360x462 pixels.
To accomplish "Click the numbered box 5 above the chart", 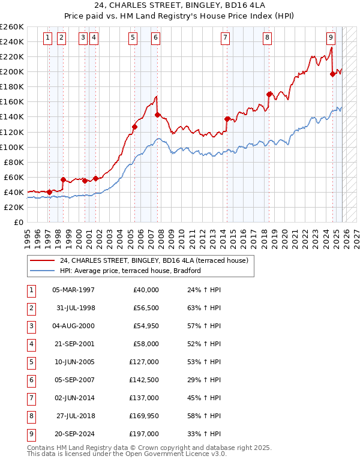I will (133, 38).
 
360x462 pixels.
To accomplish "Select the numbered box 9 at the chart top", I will (331, 38).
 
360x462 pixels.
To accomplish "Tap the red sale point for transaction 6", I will (157, 115).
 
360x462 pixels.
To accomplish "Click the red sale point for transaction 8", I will (269, 94).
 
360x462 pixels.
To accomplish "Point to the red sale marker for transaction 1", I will (49, 192).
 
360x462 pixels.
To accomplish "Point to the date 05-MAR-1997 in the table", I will (73, 290).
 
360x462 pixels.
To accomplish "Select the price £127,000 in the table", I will (144, 362).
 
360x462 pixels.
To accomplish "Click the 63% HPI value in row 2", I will (200, 308).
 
